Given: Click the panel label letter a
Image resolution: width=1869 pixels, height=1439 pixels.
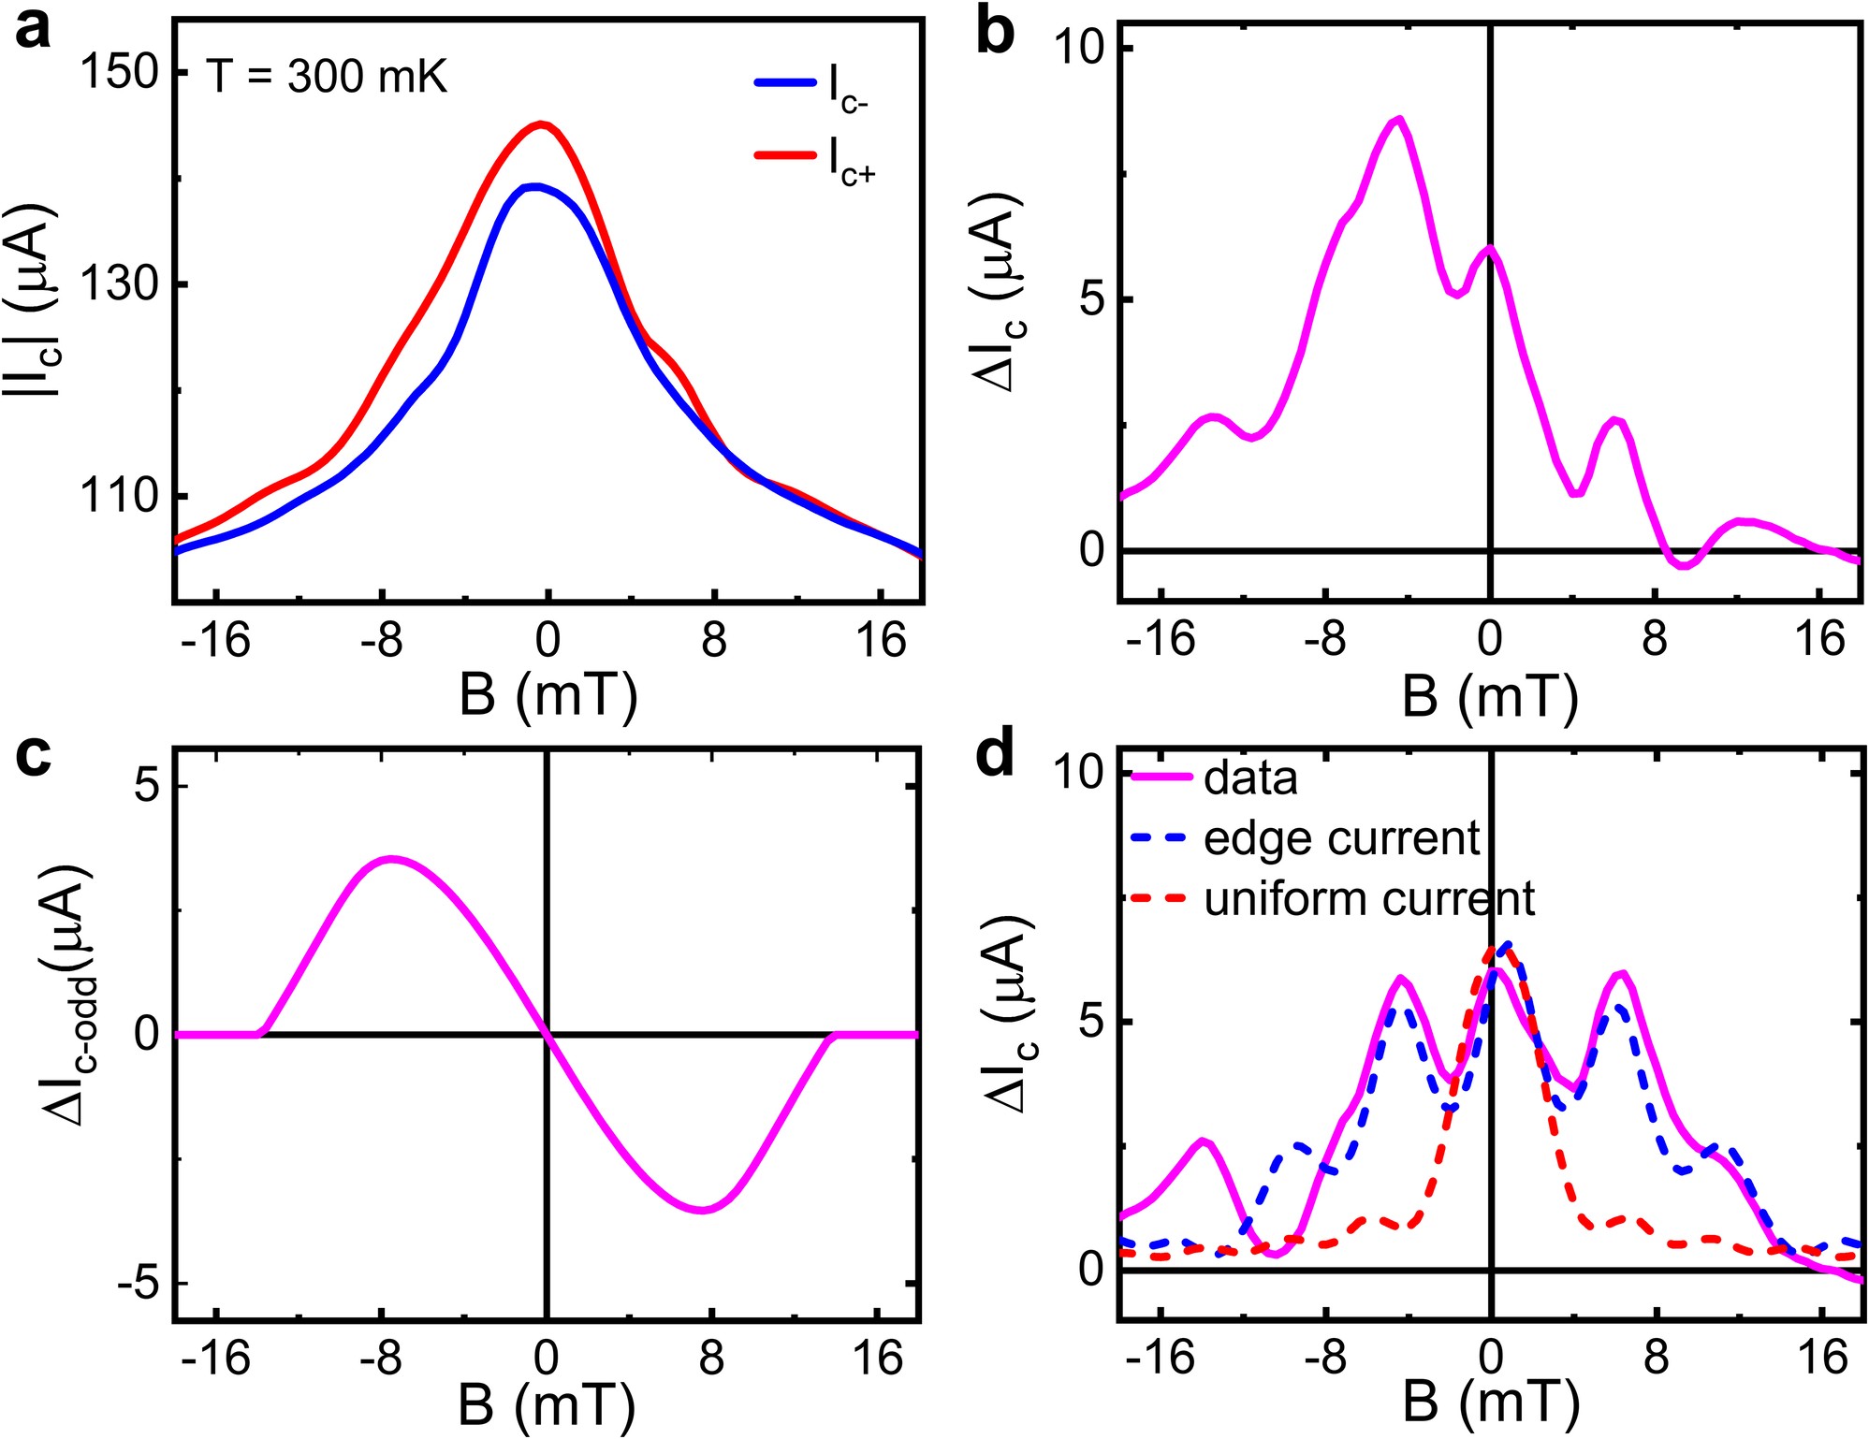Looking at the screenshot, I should [33, 30].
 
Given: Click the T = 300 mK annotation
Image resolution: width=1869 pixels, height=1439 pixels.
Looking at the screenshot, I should [327, 77].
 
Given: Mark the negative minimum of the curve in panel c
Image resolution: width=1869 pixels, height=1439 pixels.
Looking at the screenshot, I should [706, 1210].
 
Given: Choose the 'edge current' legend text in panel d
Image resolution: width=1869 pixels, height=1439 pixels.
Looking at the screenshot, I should [1341, 838].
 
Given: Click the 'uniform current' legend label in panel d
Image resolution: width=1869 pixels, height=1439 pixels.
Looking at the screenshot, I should [1368, 898].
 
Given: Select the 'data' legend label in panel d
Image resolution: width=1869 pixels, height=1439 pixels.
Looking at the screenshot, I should [1250, 778].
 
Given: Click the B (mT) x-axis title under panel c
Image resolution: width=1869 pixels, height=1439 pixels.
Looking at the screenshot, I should [547, 1404].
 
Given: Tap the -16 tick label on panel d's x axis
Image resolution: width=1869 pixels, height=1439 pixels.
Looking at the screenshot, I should [1160, 1358].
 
